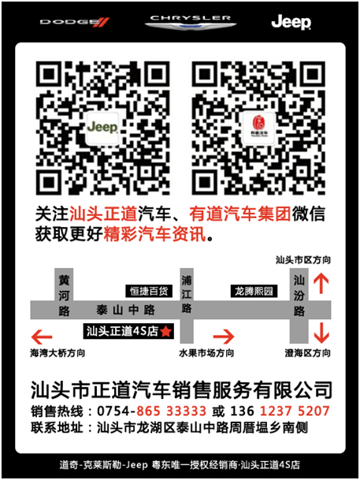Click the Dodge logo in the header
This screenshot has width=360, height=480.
point(75,22)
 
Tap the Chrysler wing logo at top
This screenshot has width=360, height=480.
point(180,22)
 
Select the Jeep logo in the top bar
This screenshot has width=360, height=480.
point(291,22)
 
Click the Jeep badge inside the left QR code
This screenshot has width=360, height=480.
point(102,127)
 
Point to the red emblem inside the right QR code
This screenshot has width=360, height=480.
point(257,127)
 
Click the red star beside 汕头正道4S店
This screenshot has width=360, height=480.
point(166,332)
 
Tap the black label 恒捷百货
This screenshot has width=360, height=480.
point(149,291)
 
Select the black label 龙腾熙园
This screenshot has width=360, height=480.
point(254,291)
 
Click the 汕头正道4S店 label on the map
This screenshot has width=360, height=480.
point(121,332)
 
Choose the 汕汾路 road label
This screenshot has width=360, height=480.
point(299,296)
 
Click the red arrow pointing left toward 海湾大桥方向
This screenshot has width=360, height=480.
point(39,335)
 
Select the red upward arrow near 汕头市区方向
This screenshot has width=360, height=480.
point(321,283)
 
